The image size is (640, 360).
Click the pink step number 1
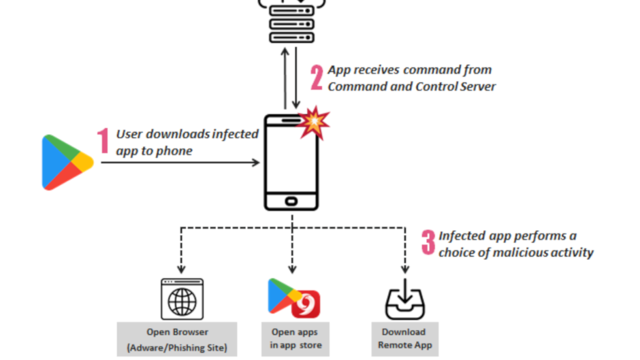[103, 142]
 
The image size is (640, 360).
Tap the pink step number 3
[428, 244]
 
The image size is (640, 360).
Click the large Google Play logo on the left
[66, 162]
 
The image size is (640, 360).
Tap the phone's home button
[291, 201]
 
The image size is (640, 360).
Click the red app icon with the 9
[306, 304]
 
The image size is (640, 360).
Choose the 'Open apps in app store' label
[293, 339]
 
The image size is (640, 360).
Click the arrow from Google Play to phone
[180, 162]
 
